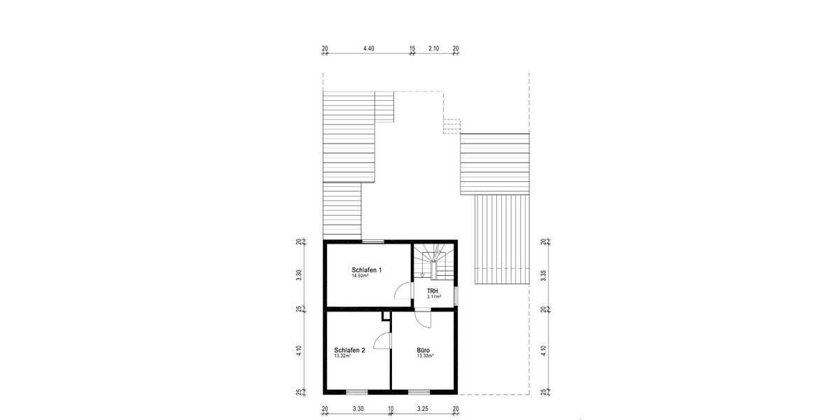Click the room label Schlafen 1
coord(367,270)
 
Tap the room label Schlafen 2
coord(350,350)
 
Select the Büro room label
coord(423,350)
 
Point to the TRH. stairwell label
coord(433,290)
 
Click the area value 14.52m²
coord(360,276)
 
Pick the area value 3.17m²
coord(434,297)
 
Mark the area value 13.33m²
coord(426,356)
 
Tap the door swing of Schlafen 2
coord(382,341)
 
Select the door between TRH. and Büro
coord(423,318)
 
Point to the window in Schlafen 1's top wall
coord(373,241)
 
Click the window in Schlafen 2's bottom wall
coord(356,391)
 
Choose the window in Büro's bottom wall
coord(419,391)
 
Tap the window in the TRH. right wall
coord(455,296)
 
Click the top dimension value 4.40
coord(369,48)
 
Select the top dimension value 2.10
coord(434,48)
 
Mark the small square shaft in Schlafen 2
coord(385,316)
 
